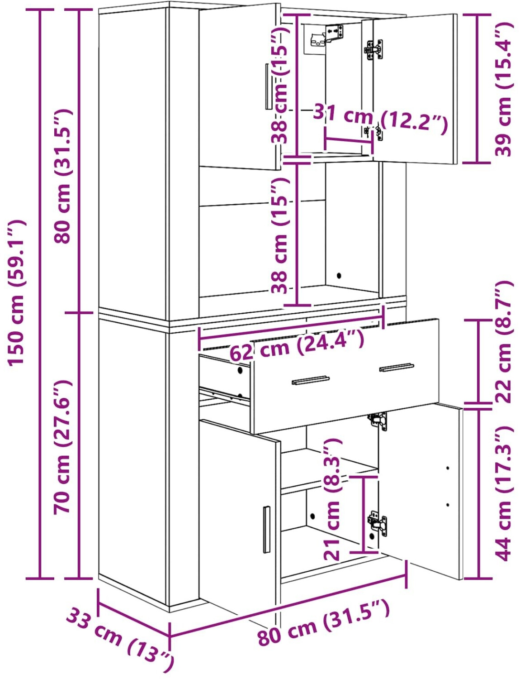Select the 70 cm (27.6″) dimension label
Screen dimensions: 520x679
point(62,447)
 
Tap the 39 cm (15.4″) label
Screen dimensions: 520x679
point(502,89)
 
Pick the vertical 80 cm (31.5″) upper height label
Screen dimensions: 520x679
point(62,176)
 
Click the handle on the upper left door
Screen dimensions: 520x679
point(268,86)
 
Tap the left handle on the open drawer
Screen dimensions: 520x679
point(311,380)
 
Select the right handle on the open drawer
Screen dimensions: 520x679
point(397,367)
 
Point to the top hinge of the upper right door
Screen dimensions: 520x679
point(374,49)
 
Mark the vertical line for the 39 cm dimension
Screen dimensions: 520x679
point(477,88)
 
